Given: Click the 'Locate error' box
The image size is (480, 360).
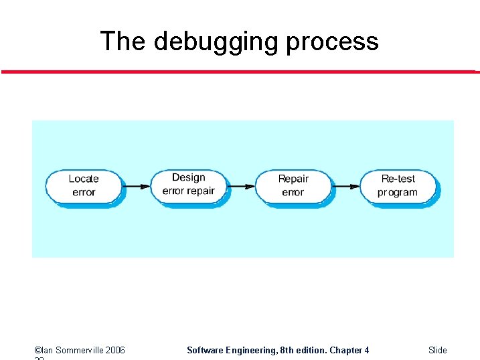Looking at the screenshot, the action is pyautogui.click(x=84, y=186).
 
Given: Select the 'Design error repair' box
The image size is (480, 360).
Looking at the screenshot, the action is pyautogui.click(x=189, y=185).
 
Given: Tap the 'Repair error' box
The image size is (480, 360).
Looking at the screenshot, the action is pyautogui.click(x=293, y=186).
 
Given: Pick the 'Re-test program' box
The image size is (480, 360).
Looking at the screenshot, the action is pyautogui.click(x=398, y=186).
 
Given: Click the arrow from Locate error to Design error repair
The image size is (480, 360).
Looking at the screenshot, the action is pyautogui.click(x=137, y=186).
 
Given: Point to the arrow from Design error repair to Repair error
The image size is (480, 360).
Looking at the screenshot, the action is pyautogui.click(x=242, y=186).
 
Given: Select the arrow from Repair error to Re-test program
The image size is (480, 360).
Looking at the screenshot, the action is pyautogui.click(x=346, y=186).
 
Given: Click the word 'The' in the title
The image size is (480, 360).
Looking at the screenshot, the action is pyautogui.click(x=123, y=41).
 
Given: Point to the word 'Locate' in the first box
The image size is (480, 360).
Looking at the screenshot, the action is pyautogui.click(x=84, y=179).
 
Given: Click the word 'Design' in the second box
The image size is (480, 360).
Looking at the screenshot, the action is pyautogui.click(x=189, y=177).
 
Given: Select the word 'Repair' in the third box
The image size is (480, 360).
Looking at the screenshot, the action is pyautogui.click(x=293, y=179).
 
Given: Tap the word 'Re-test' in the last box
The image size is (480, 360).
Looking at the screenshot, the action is pyautogui.click(x=398, y=179).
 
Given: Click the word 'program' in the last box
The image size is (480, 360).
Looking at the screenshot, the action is pyautogui.click(x=398, y=193).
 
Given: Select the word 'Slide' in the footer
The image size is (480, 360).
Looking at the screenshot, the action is pyautogui.click(x=438, y=350).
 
